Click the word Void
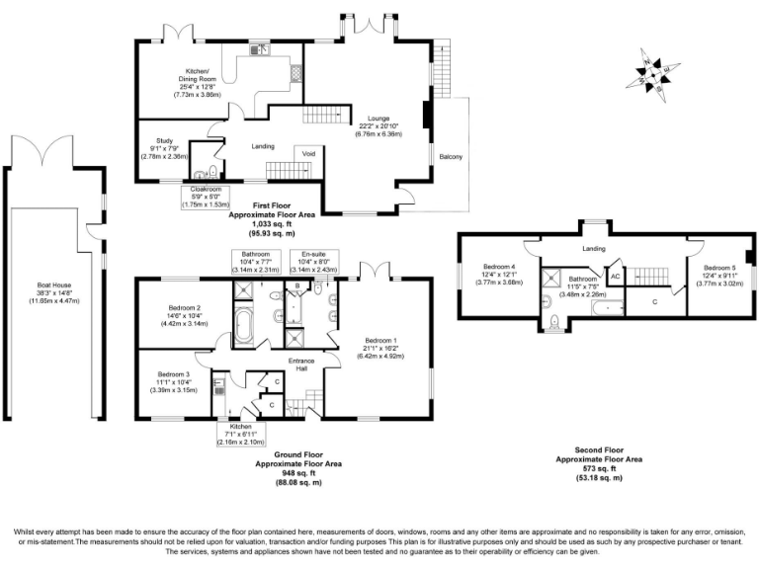coord(308,153)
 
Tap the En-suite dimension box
coord(320,262)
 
